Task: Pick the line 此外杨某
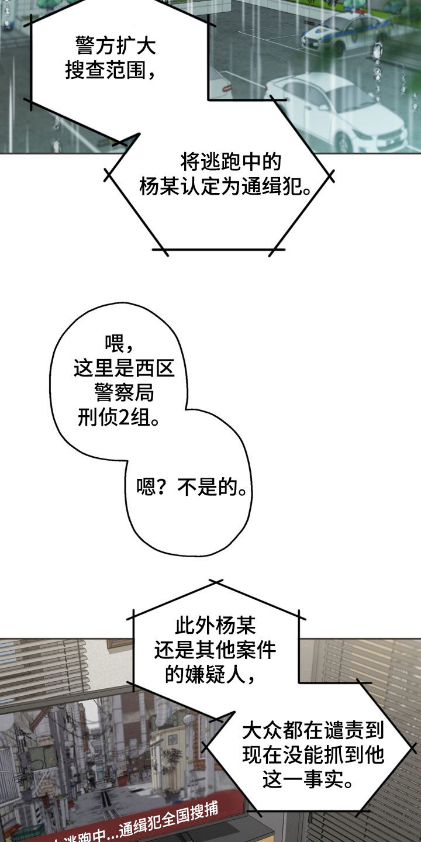point(215,626)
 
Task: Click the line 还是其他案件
point(215,651)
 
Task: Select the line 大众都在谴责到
point(313,730)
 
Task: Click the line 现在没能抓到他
point(313,755)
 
